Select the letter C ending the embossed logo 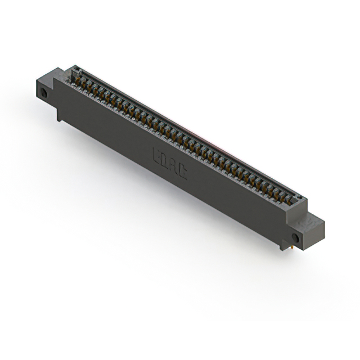coord(183,171)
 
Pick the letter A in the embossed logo coord(174,165)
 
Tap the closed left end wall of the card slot coord(71,71)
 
